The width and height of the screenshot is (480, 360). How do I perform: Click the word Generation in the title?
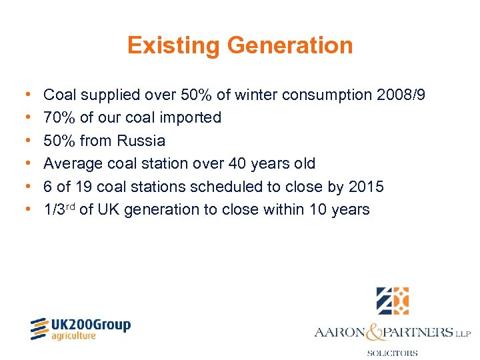coord(290,46)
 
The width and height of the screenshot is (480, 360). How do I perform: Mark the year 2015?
coord(366,187)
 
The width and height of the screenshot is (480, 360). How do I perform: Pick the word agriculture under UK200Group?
coord(74,337)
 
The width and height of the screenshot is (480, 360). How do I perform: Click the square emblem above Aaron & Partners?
coord(392,301)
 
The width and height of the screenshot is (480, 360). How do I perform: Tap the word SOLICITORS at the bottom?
coord(392,353)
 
